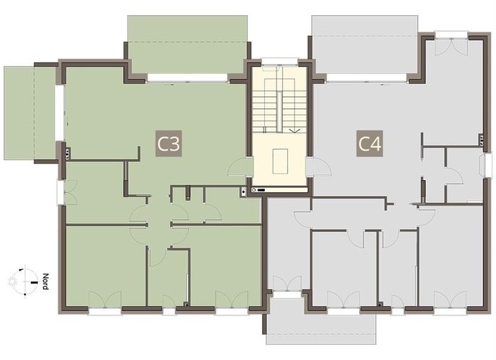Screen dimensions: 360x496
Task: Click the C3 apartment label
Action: click(x=168, y=144)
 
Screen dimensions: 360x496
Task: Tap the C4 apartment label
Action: click(x=369, y=144)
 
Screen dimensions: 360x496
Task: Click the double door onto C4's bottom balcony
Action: click(x=287, y=284)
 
